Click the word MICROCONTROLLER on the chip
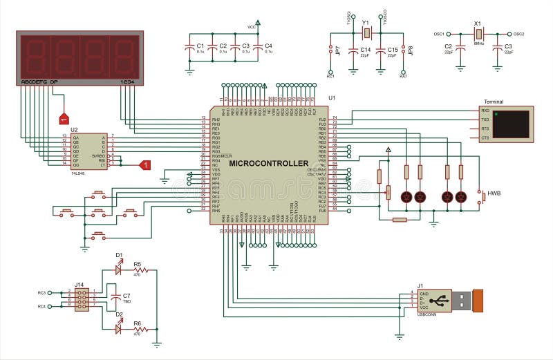(268, 163)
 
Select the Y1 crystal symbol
(367, 32)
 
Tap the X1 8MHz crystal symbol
(478, 33)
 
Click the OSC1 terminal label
(438, 33)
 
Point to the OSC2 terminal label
(517, 33)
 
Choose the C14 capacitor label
(366, 50)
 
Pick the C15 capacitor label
(393, 50)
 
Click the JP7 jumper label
(337, 50)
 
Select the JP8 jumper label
(411, 50)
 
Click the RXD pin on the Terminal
(485, 111)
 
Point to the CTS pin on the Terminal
(485, 138)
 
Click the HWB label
(494, 193)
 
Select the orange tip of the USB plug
(478, 301)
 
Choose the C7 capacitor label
(126, 296)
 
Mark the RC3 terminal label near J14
(41, 292)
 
